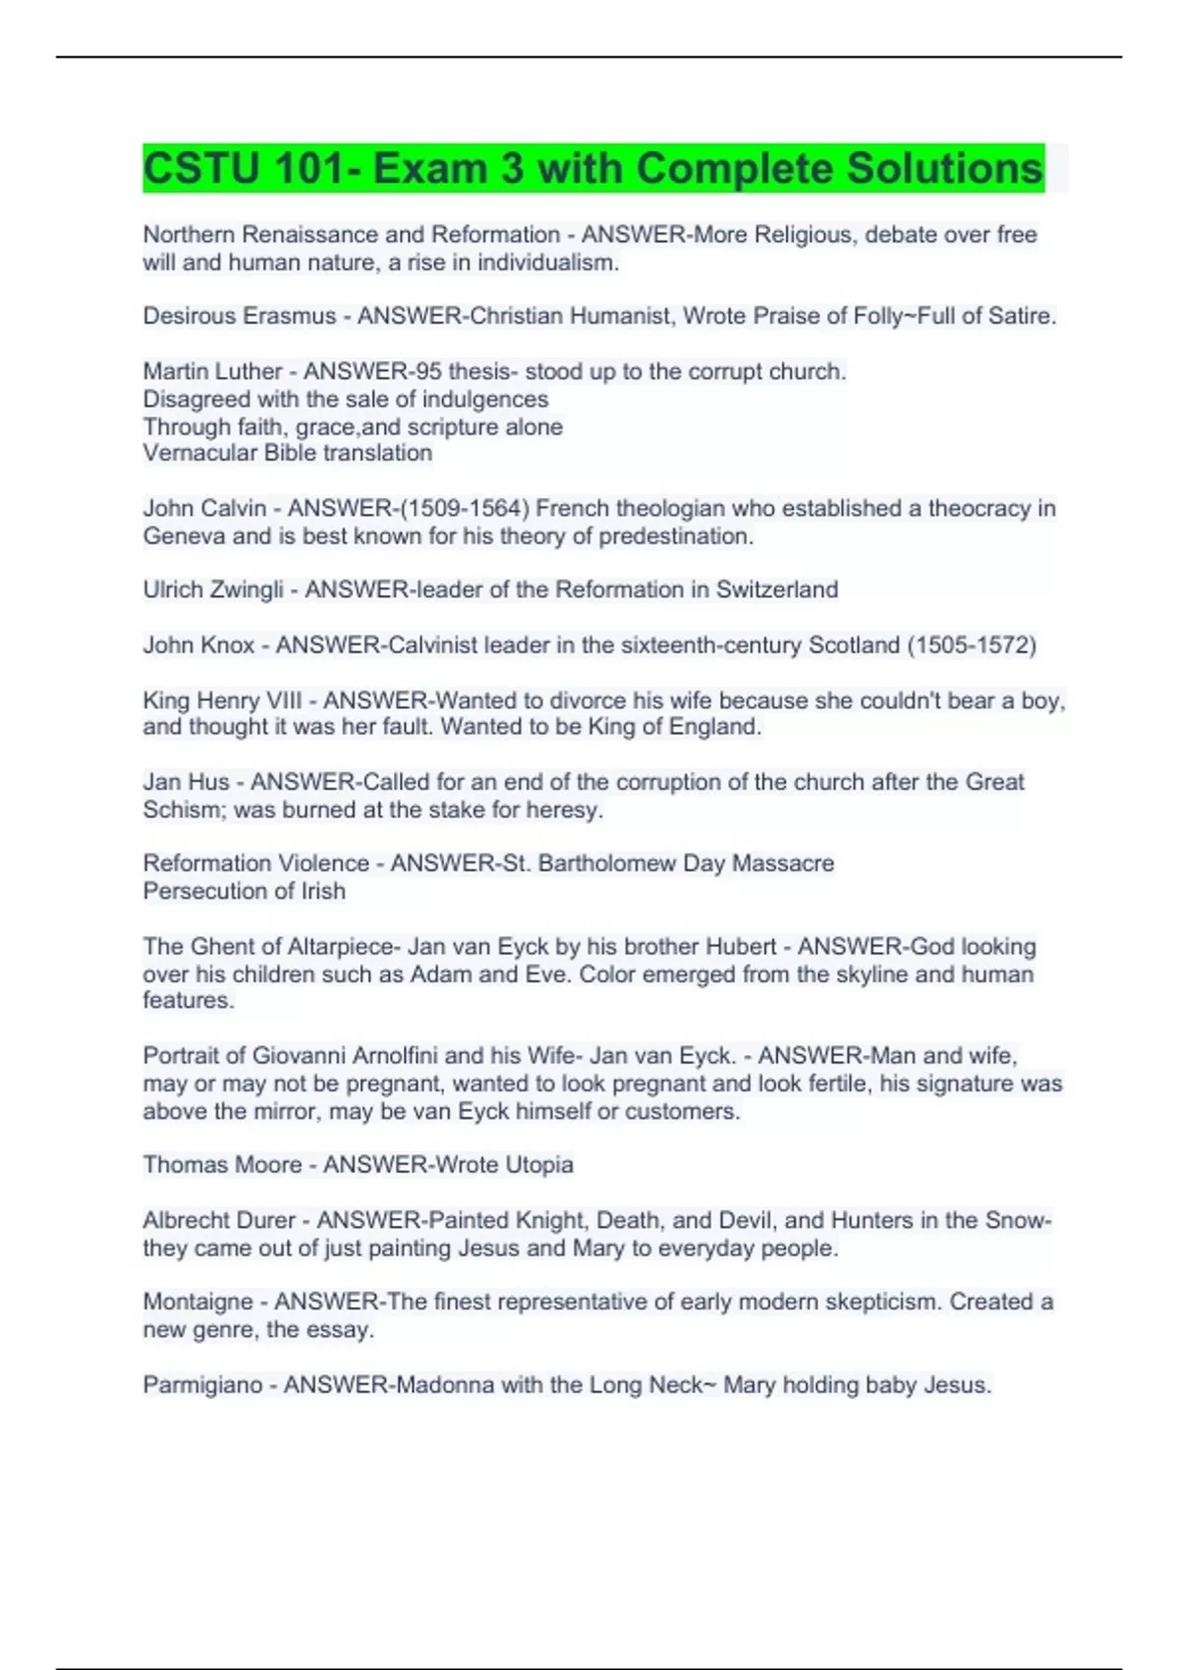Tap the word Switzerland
click(776, 590)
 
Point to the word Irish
click(323, 891)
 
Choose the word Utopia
click(538, 1165)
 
